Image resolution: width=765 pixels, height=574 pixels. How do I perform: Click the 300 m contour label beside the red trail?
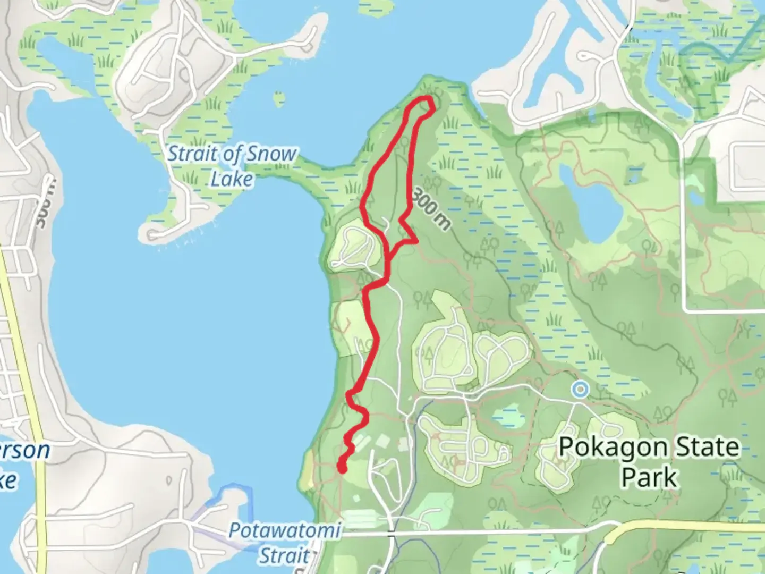click(430, 208)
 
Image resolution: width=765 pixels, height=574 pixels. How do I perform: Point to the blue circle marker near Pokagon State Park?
click(581, 390)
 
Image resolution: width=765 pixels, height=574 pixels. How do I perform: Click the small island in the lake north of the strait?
click(278, 99)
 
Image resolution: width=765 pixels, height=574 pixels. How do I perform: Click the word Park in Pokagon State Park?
click(649, 477)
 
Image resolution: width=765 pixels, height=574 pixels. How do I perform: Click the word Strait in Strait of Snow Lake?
click(192, 155)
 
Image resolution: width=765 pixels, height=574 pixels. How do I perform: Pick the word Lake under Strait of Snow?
click(232, 179)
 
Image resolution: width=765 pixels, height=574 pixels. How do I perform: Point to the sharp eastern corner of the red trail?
click(416, 241)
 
